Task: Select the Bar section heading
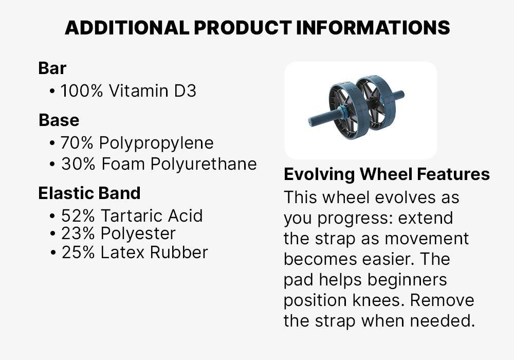click(52, 68)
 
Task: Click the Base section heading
click(59, 120)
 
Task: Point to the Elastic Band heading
click(89, 193)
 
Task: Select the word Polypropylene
click(156, 143)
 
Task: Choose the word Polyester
click(138, 233)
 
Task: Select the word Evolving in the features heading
click(319, 174)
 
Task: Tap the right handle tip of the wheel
click(400, 95)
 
